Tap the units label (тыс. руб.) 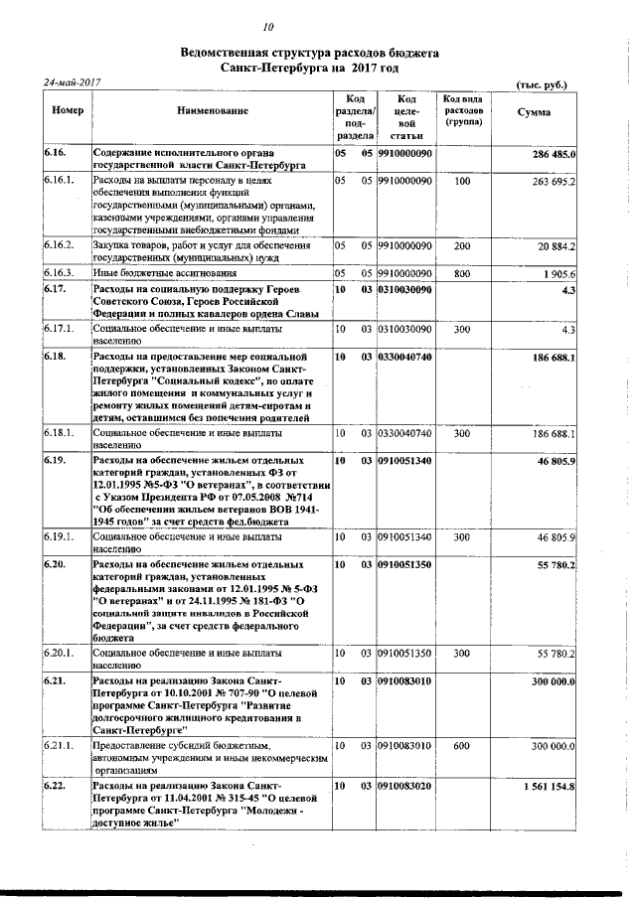[542, 85]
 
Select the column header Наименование [212, 112]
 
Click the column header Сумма [535, 112]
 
